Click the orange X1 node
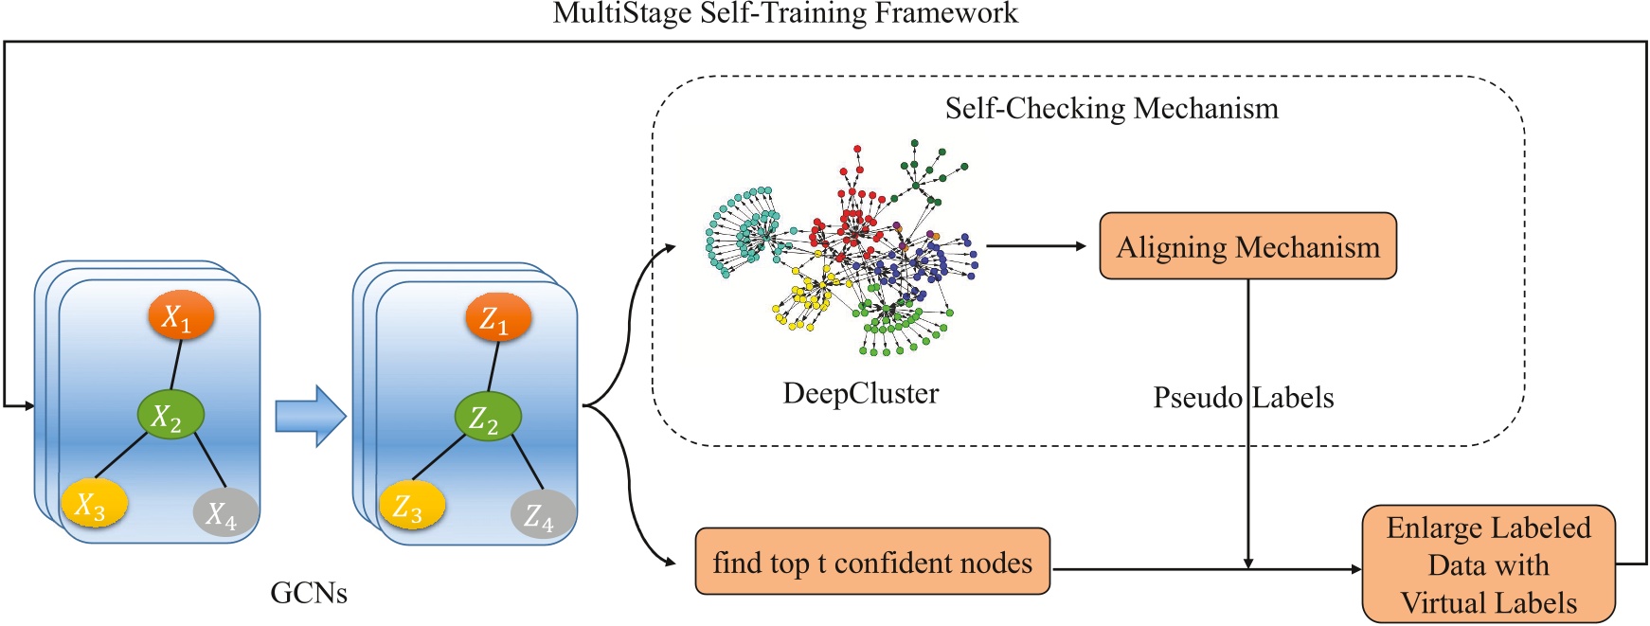tap(181, 316)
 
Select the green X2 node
tap(170, 415)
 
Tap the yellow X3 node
tap(94, 504)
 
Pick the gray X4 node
tap(225, 512)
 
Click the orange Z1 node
tap(498, 318)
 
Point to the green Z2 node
tap(488, 417)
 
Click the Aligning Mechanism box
tap(1247, 246)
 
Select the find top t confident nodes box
tap(872, 563)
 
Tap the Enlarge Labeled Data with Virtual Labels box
tap(1488, 564)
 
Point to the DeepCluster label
tap(860, 393)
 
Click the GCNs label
tap(309, 593)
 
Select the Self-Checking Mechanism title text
tap(1111, 108)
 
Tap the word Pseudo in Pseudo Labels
tap(1196, 398)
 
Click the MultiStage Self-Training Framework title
tap(785, 13)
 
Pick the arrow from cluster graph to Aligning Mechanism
tap(1036, 246)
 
